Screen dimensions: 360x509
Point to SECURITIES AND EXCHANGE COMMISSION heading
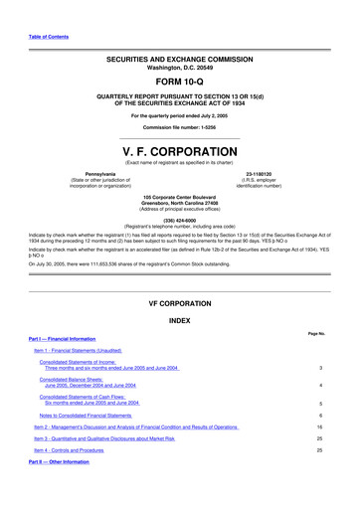180,60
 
